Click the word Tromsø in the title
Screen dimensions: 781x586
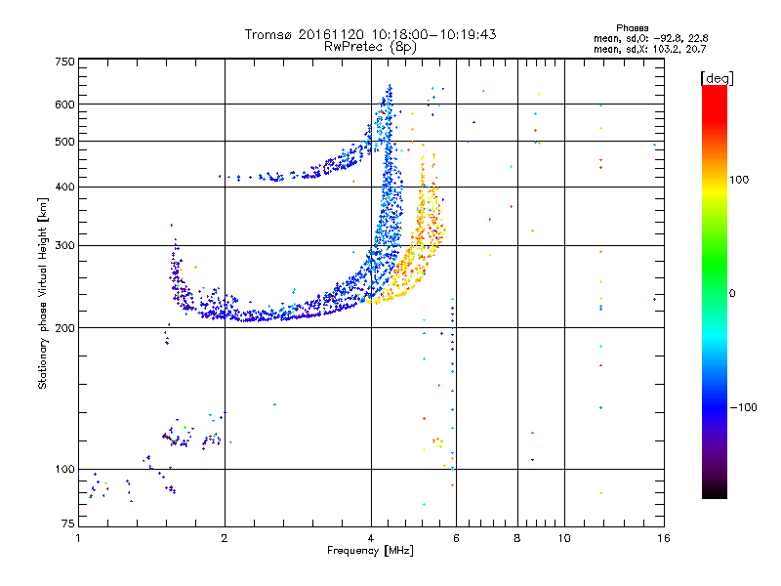(x=268, y=34)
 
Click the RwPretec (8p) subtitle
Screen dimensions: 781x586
(x=370, y=47)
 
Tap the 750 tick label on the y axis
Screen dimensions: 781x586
(x=64, y=62)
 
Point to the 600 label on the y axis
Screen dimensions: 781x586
(x=64, y=105)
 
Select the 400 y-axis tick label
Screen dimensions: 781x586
(x=64, y=187)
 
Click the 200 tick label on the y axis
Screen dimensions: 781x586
(x=64, y=328)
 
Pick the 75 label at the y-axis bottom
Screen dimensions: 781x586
(x=68, y=523)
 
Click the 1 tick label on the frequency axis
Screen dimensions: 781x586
(x=78, y=538)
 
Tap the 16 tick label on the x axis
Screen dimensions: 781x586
(x=664, y=538)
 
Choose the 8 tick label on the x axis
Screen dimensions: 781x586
(x=517, y=538)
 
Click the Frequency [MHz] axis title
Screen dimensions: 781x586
(x=370, y=551)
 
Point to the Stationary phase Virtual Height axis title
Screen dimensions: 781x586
(x=43, y=293)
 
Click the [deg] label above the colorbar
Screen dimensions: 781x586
(x=717, y=78)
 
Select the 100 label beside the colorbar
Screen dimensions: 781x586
(x=739, y=180)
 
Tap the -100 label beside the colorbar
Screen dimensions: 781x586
(x=743, y=407)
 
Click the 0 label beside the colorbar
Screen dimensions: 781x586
(x=732, y=294)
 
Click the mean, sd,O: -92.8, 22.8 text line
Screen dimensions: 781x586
(x=650, y=39)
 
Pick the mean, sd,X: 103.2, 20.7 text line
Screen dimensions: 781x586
(x=649, y=50)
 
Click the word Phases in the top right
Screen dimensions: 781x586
(x=632, y=28)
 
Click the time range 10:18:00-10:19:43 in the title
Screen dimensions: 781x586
(x=433, y=34)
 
